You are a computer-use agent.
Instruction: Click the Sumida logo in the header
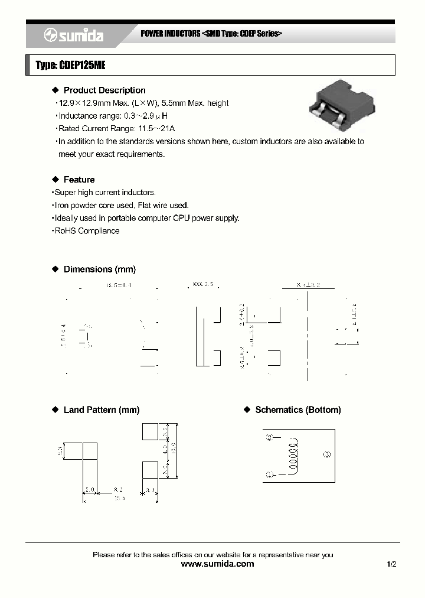point(74,36)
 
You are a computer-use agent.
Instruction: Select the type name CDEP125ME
point(82,66)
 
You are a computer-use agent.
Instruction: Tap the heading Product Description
point(104,90)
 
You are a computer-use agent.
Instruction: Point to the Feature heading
point(79,180)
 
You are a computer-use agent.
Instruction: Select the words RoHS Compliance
point(87,231)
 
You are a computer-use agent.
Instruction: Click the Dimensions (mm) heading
point(99,269)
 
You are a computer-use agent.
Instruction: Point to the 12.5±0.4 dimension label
point(119,285)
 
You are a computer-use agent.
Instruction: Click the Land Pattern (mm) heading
point(101,410)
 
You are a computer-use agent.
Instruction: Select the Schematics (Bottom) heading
point(297,410)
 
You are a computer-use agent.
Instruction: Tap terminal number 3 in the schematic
point(328,454)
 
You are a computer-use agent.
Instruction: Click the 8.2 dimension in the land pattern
point(118,490)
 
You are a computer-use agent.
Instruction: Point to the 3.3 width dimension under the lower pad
point(149,490)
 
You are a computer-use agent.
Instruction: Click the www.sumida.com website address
point(218,564)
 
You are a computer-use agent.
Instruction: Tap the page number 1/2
point(391,565)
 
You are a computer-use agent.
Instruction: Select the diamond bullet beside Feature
point(55,180)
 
